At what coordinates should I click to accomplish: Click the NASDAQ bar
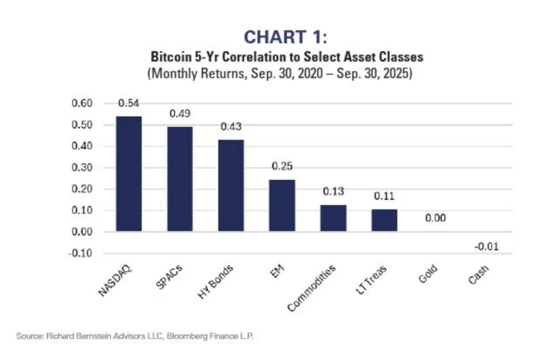point(129,174)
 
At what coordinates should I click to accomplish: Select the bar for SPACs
point(180,179)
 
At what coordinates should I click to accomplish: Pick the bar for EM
point(282,206)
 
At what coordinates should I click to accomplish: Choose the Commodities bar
point(333,218)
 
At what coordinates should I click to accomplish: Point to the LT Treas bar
point(384,221)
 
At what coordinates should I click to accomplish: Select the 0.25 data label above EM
point(282,166)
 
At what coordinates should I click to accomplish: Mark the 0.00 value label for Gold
point(435,218)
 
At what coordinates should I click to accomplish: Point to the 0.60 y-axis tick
point(81,103)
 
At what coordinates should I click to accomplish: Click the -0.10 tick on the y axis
point(80,253)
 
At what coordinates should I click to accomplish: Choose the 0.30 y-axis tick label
point(81,167)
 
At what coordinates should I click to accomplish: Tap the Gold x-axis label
point(430,276)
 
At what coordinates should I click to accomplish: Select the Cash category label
point(480,277)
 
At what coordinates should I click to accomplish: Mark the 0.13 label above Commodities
point(333,191)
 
